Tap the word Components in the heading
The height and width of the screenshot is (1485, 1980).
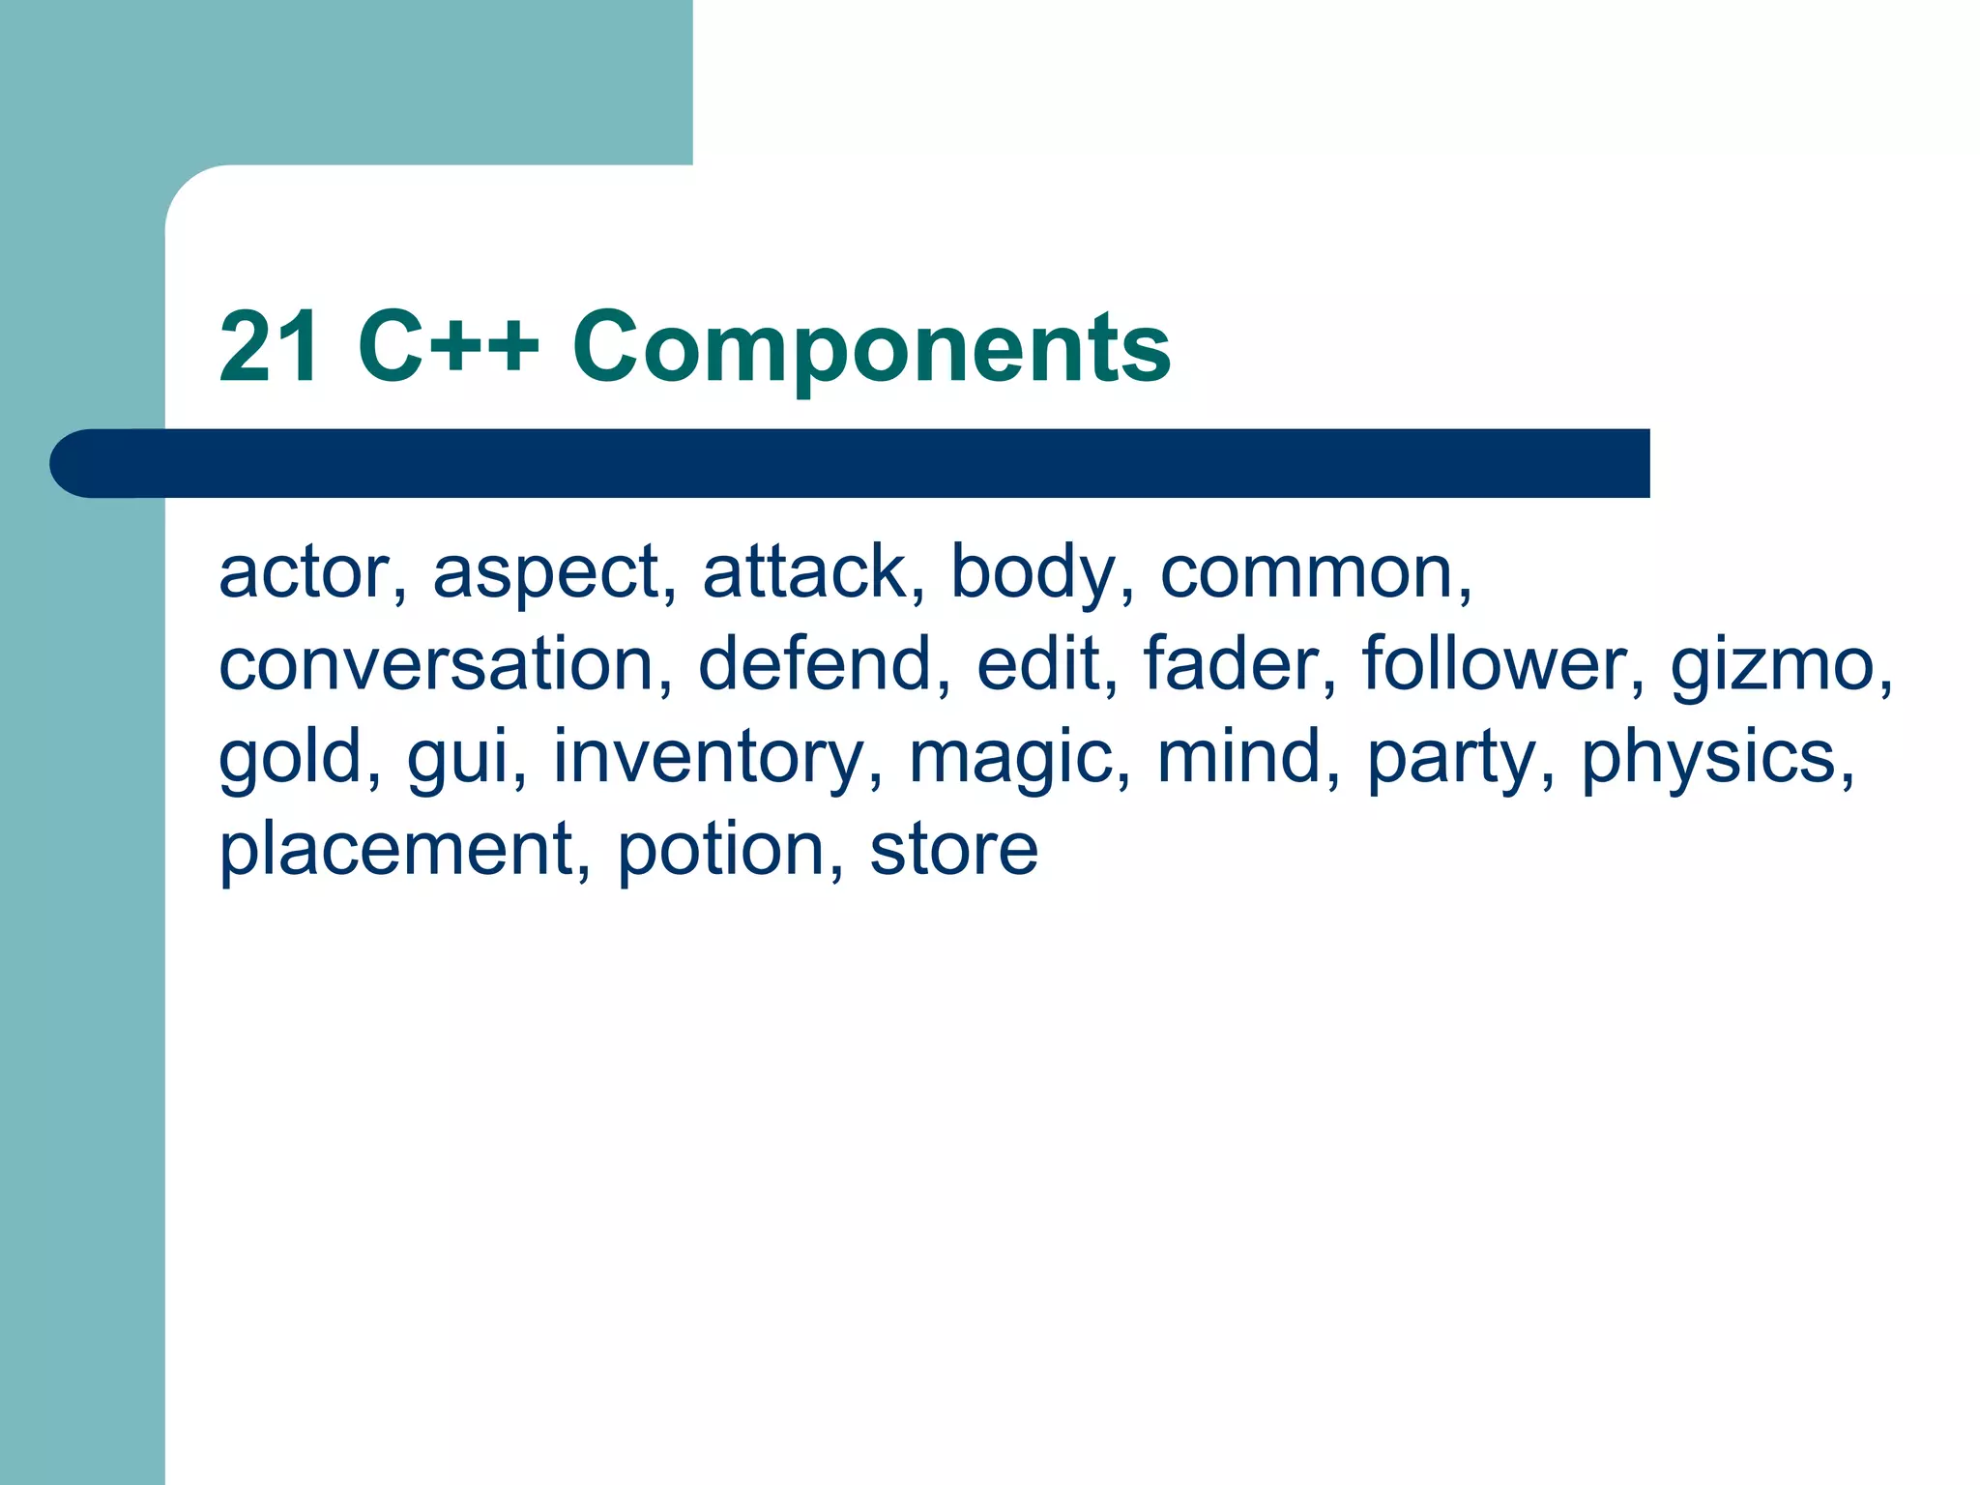[871, 348]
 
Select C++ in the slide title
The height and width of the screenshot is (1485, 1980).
[448, 346]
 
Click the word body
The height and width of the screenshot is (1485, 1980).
[1034, 574]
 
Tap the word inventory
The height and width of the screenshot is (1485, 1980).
[709, 758]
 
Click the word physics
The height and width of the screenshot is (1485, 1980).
[1708, 758]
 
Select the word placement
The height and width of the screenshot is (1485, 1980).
[397, 849]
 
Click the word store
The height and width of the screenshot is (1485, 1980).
[953, 849]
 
